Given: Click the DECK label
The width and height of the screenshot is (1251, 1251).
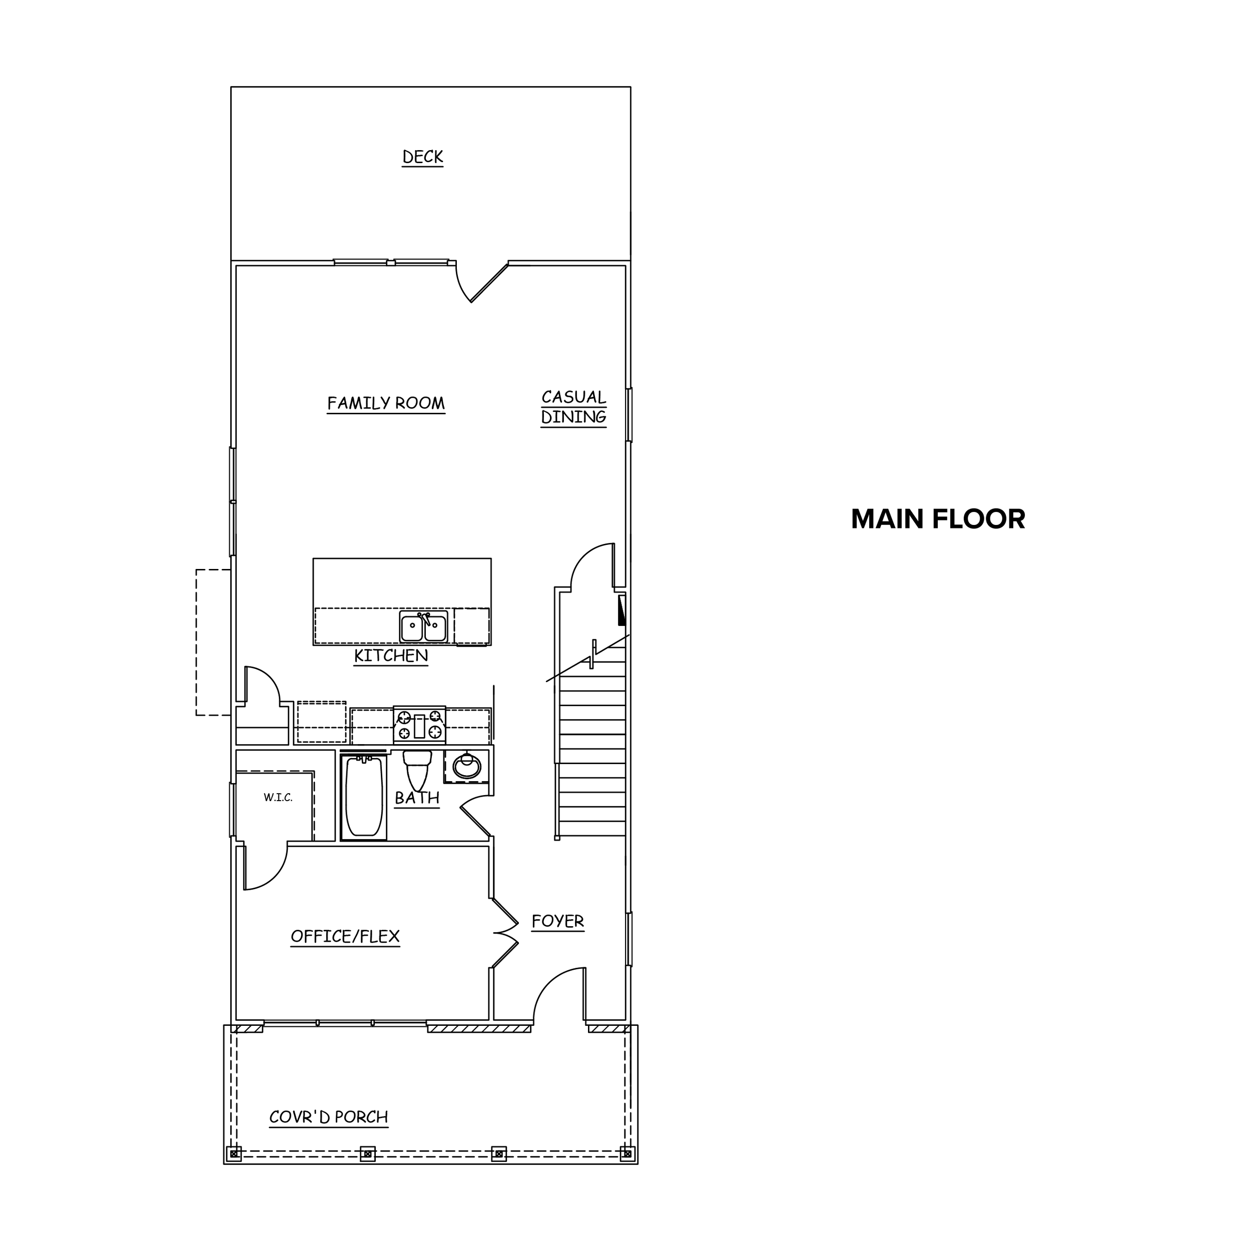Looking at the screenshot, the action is click(423, 157).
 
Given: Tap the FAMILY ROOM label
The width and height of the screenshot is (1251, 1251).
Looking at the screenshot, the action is click(386, 403).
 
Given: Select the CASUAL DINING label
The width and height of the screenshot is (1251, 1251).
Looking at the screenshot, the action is click(573, 407).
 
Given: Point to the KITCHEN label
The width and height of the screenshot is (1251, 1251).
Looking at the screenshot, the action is click(391, 656).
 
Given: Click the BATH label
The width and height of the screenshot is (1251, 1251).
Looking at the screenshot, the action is click(417, 798).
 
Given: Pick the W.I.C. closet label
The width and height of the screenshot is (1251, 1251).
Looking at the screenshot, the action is click(278, 798).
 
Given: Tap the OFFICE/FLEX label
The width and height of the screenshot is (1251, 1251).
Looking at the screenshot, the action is click(345, 936).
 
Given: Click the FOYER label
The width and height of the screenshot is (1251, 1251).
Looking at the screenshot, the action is click(557, 921).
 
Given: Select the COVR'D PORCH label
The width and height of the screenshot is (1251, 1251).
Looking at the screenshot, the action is click(328, 1117).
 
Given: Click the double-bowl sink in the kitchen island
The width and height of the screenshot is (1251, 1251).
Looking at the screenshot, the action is click(423, 627).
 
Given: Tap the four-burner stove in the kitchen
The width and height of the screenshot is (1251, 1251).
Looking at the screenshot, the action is click(420, 725).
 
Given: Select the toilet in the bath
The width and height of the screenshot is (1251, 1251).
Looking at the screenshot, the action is click(418, 770).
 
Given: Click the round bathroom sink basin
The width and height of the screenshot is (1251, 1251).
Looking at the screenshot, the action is click(466, 767).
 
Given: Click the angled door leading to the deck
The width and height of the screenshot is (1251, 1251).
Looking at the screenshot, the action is click(482, 282).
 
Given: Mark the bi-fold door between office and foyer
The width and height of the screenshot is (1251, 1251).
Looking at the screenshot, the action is click(506, 933).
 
